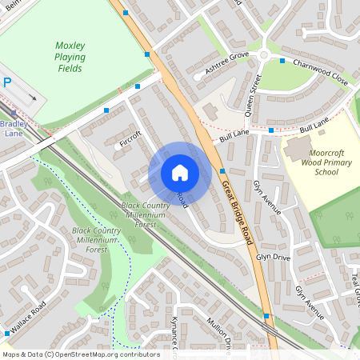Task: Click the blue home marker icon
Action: pos(180,172)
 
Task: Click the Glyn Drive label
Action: pos(273,258)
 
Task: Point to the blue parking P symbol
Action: pos(7,82)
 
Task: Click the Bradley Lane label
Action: pos(14,129)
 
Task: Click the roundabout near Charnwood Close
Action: pos(263,55)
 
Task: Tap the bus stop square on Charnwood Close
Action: pos(282,60)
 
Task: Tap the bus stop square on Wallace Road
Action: pos(7,333)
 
